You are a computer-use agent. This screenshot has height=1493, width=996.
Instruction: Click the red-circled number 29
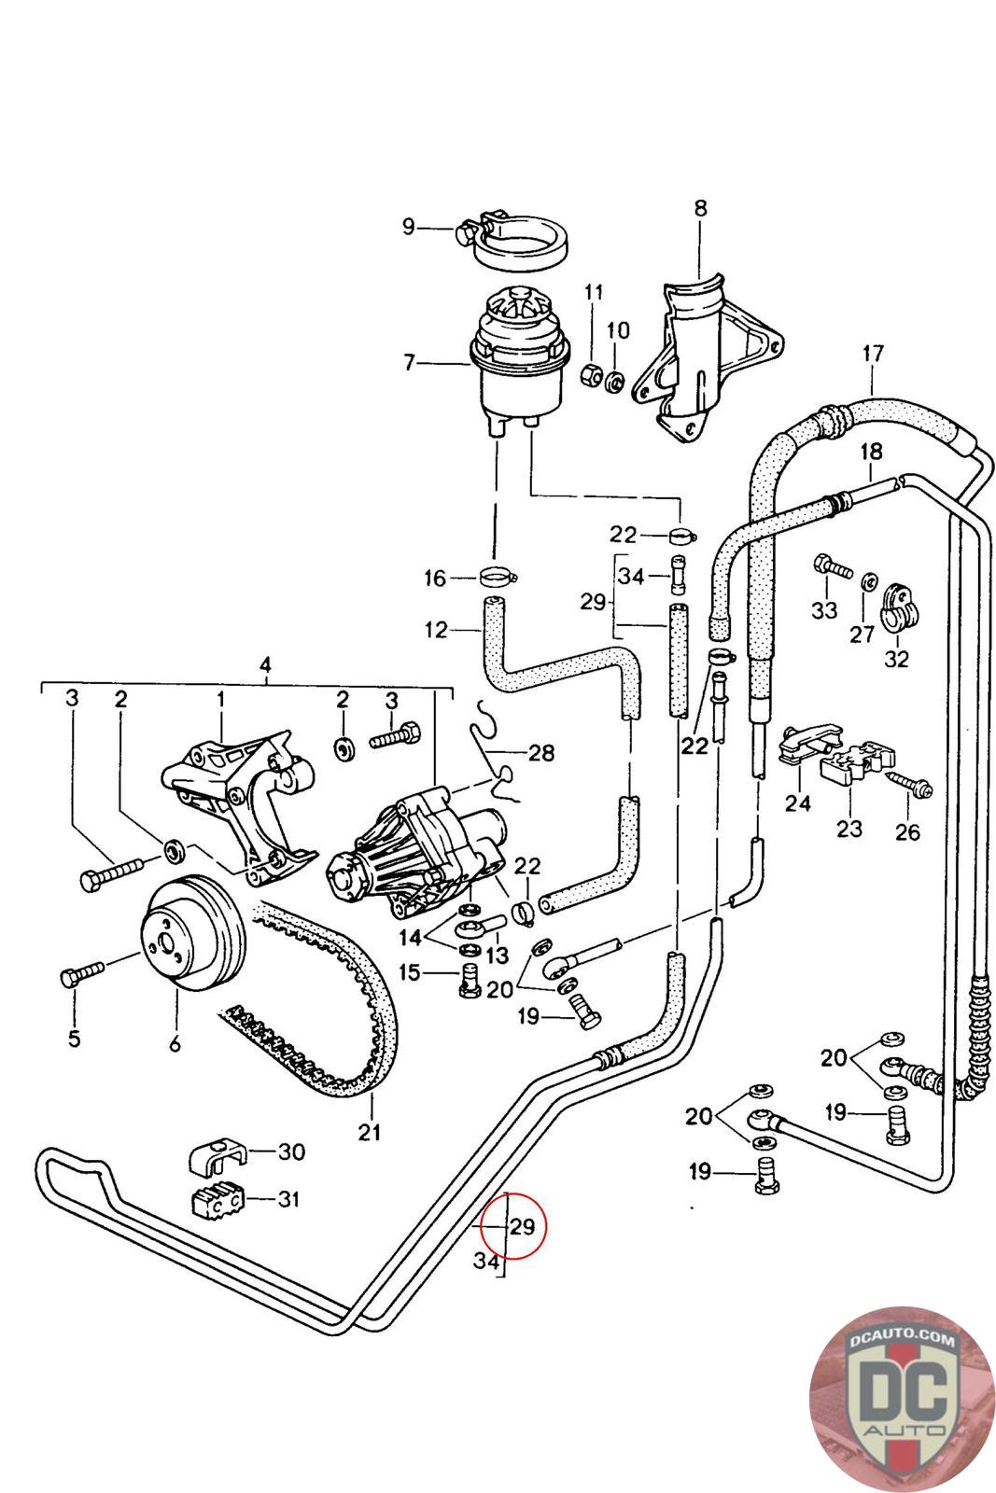click(x=522, y=1226)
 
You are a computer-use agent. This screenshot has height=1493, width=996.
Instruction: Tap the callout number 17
click(x=872, y=354)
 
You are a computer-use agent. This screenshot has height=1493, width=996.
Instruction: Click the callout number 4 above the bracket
click(x=265, y=665)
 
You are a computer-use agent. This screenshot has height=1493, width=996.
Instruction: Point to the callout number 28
click(x=540, y=752)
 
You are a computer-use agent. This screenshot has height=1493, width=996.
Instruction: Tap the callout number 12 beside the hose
click(x=436, y=630)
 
